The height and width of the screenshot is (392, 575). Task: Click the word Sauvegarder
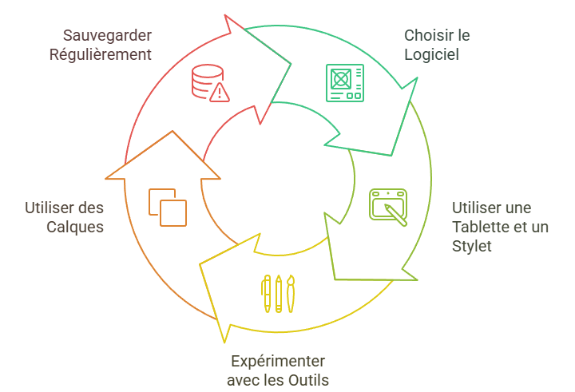click(x=107, y=36)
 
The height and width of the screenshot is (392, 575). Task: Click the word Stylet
click(x=472, y=246)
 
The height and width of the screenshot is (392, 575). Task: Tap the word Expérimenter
click(x=278, y=361)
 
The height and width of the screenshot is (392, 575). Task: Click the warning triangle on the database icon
click(x=219, y=93)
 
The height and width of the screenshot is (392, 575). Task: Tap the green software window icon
click(x=344, y=82)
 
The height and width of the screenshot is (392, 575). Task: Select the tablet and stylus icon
click(x=388, y=207)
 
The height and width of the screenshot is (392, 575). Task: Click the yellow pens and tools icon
click(x=278, y=293)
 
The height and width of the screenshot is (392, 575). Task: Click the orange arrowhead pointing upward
click(x=165, y=156)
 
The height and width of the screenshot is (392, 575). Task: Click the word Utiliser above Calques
click(x=65, y=208)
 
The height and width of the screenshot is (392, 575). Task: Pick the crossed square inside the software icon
click(x=339, y=78)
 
